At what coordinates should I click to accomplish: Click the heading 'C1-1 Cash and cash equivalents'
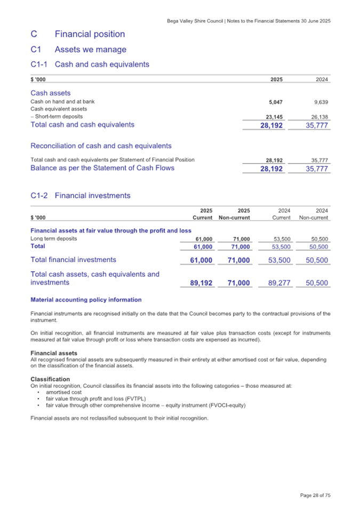(90, 64)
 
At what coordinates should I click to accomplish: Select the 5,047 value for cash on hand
(274, 101)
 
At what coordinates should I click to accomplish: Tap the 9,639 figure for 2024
(320, 101)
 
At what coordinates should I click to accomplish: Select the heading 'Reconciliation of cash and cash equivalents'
(101, 145)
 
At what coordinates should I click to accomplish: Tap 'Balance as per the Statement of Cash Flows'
(102, 168)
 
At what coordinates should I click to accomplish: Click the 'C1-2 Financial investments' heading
(80, 196)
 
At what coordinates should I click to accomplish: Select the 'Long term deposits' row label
(54, 239)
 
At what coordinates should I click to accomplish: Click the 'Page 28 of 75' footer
(315, 496)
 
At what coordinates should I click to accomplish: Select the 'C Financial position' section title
(78, 34)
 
